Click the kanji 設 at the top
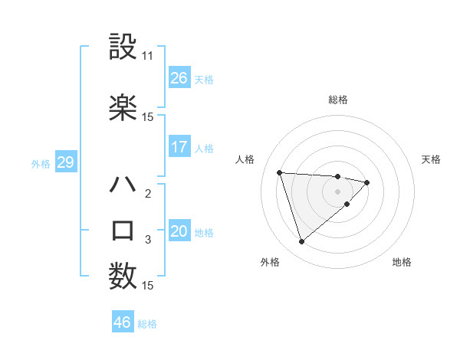coord(123,47)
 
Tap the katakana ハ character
coord(123,185)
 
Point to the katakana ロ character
coord(123,231)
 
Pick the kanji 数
coord(123,275)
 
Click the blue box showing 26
coord(179,78)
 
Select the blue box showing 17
coord(179,147)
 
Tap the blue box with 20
coord(179,232)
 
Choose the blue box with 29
coord(65,163)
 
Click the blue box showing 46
coord(123,322)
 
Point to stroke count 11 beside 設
coord(148,56)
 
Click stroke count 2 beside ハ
coord(148,193)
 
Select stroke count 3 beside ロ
coord(148,240)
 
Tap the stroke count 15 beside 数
coord(148,286)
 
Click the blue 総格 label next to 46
coord(147,324)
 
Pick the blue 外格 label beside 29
coord(41,164)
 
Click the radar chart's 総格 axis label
coord(337,100)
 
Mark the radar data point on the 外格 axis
coord(301,242)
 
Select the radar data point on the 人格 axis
coord(280,172)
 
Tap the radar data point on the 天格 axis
coord(367,182)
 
